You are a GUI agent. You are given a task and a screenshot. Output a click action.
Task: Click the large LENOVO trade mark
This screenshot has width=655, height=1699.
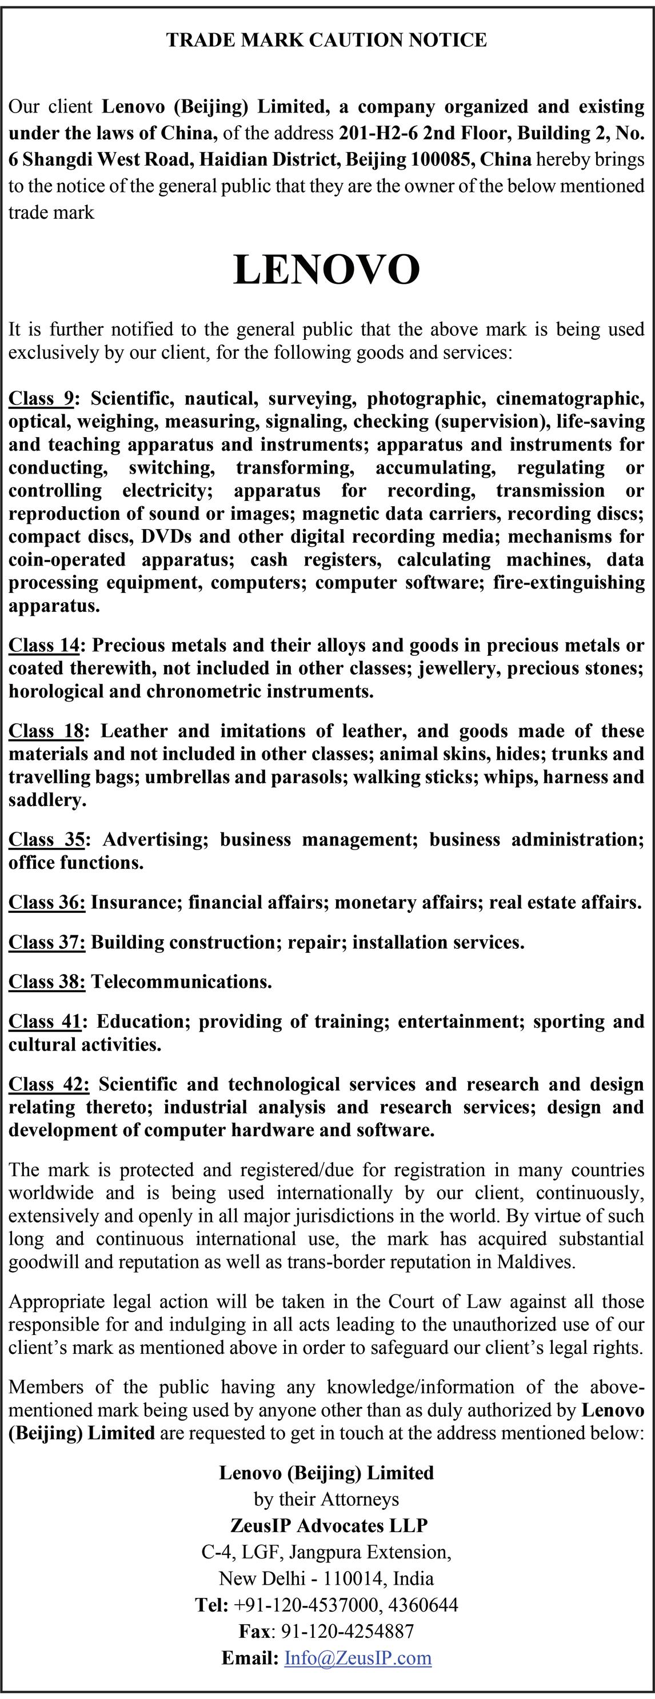coord(326,270)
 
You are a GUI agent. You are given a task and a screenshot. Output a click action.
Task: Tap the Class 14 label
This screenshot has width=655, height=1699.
coord(44,645)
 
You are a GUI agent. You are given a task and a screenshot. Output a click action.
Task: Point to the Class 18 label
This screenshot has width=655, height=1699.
coord(46,731)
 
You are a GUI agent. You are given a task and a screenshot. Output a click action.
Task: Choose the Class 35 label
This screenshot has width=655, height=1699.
coord(46,839)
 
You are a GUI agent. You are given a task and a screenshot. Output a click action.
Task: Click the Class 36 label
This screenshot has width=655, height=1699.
coord(46,902)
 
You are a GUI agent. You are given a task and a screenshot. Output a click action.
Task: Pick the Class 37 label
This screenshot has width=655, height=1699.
coord(46,942)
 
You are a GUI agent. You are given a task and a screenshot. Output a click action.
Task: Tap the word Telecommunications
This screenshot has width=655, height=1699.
coord(181,981)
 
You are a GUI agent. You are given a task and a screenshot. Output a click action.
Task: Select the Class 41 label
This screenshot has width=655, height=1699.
coord(44,1021)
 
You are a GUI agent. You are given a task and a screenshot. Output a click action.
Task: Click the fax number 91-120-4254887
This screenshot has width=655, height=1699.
coord(348,1632)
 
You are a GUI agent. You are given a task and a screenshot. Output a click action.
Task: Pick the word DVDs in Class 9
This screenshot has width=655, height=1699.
coord(166,536)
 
